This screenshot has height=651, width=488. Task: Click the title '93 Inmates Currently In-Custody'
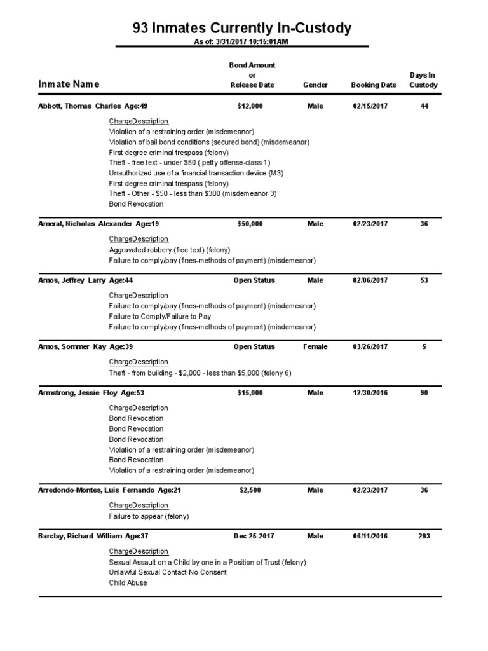click(x=241, y=28)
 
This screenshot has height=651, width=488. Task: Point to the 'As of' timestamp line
click(x=241, y=41)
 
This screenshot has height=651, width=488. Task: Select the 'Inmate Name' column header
click(x=69, y=85)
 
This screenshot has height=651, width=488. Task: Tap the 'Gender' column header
click(x=315, y=85)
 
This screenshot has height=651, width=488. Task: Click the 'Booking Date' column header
click(x=373, y=85)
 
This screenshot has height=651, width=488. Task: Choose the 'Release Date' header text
click(x=252, y=85)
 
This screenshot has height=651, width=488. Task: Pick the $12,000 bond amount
click(x=250, y=106)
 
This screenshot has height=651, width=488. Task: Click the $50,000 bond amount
click(x=250, y=224)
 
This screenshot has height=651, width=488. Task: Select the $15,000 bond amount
click(x=250, y=393)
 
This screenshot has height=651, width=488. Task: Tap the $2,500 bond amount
click(x=250, y=490)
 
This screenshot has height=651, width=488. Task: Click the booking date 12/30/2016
click(x=370, y=393)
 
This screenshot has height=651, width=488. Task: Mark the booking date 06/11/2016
click(x=370, y=536)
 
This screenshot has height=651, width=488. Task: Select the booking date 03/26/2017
click(x=370, y=347)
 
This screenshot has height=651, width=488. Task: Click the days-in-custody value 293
click(x=424, y=536)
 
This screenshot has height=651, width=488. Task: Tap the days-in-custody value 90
click(x=424, y=393)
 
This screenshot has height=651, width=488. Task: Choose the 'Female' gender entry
click(x=315, y=347)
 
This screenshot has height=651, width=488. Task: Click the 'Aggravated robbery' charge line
click(x=170, y=250)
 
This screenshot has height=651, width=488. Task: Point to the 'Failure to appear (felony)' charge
click(x=149, y=516)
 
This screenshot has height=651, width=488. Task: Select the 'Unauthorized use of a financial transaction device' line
click(x=196, y=173)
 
